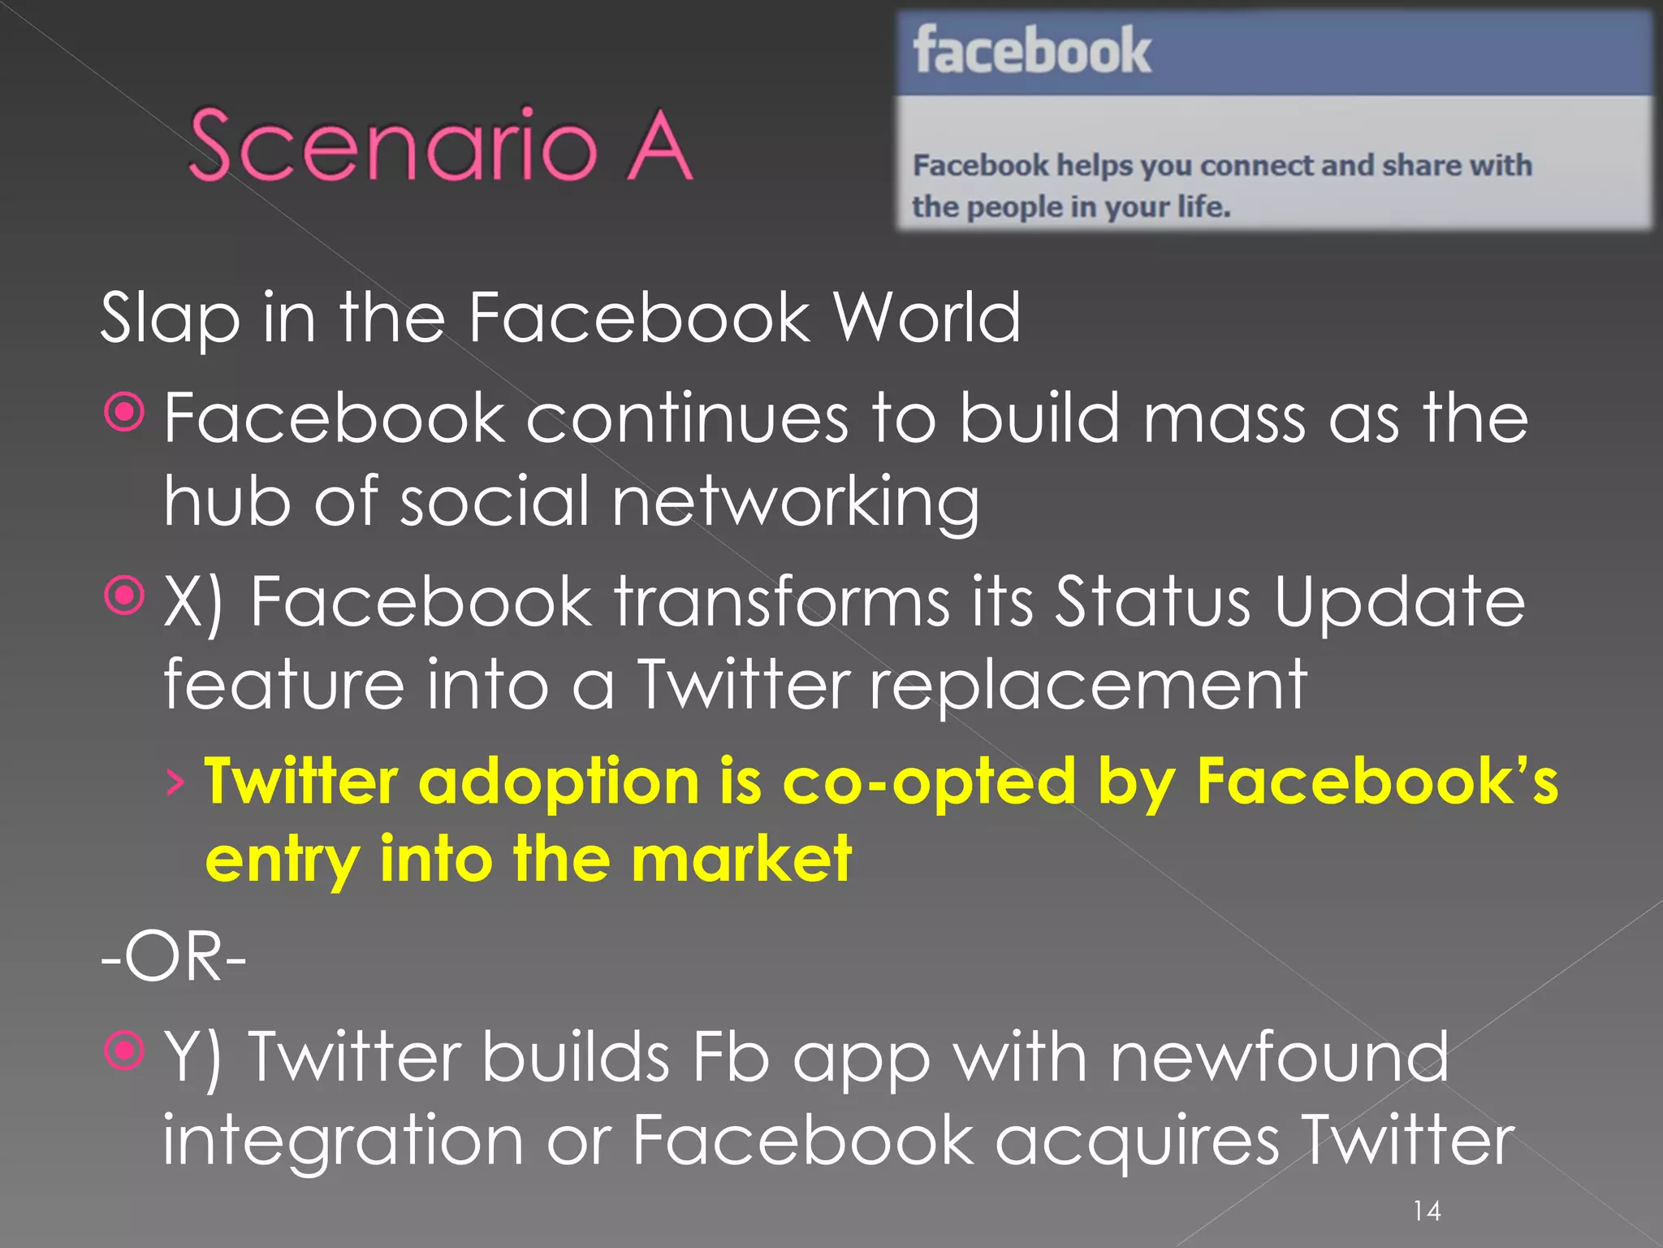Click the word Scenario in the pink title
point(393,146)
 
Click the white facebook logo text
point(1031,51)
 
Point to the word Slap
point(170,318)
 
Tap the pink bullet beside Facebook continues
point(124,413)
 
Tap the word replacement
point(1088,685)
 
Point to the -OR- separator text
point(173,957)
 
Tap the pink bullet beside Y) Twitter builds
point(124,1051)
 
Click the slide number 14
point(1427,1211)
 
